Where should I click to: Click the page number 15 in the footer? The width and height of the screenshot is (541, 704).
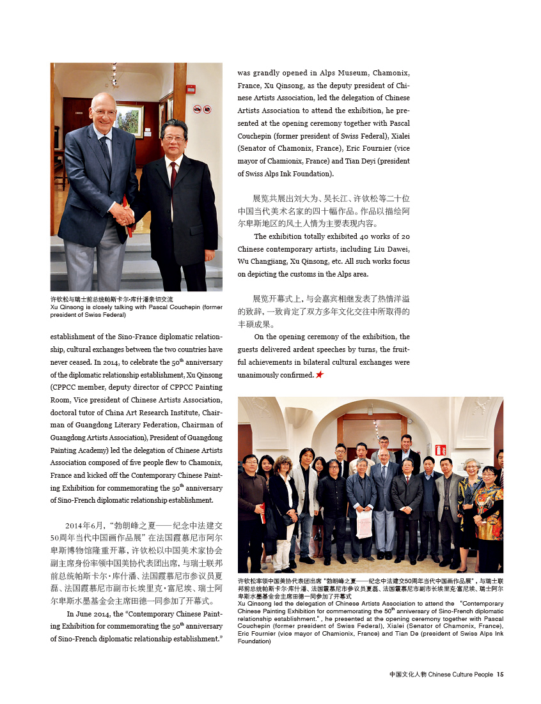click(x=500, y=674)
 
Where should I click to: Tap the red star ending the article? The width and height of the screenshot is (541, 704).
click(x=319, y=374)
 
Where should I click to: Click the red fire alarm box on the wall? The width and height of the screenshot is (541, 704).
click(x=190, y=89)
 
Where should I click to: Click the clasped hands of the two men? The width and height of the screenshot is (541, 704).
click(x=123, y=214)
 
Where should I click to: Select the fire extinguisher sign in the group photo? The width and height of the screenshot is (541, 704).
click(x=441, y=450)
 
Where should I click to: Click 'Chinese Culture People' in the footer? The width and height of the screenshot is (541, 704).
click(x=460, y=674)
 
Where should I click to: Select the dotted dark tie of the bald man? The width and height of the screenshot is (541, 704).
click(x=106, y=154)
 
